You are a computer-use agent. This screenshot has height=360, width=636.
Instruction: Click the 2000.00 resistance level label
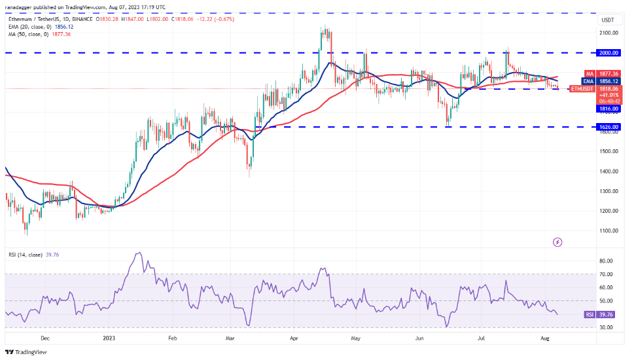pos(609,52)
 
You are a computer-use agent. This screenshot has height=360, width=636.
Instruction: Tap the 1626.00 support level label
pos(609,126)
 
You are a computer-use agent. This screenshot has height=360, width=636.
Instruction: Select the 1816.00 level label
pos(609,109)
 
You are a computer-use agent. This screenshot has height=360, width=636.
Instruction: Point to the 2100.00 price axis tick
pos(609,32)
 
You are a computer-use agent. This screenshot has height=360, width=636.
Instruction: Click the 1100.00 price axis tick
pos(609,230)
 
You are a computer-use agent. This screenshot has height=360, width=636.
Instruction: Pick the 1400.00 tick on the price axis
pos(609,171)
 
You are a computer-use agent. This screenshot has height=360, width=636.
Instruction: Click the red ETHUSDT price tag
pos(582,88)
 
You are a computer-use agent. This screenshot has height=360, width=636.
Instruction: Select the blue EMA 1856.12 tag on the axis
pos(603,81)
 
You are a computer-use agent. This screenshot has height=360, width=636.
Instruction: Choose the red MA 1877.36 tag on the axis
pos(603,74)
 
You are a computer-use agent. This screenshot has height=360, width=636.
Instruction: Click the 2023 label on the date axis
pos(109,338)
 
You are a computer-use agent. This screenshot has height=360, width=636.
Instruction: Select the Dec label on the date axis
pos(45,338)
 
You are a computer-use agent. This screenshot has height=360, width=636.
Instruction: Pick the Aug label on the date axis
pos(545,338)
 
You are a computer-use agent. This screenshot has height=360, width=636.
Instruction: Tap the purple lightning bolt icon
pos(557,242)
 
